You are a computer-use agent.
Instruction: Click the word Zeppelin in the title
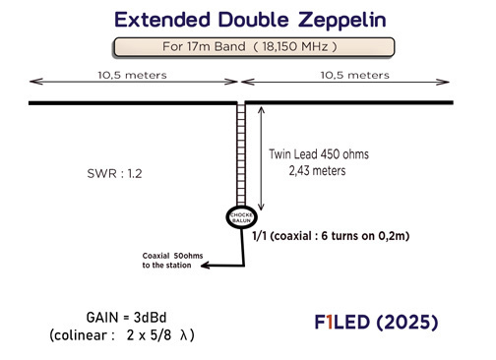pos(323,19)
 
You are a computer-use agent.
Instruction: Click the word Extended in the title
pos(162,19)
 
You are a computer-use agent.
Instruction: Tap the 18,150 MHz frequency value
pos(295,46)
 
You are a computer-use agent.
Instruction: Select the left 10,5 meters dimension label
pos(133,75)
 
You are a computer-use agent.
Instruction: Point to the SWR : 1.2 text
pos(116,173)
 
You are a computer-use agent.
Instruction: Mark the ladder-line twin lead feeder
pos(239,152)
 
